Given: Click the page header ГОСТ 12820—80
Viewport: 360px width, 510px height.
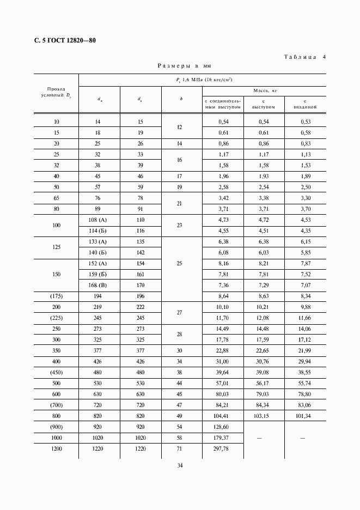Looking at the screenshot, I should point(61,40).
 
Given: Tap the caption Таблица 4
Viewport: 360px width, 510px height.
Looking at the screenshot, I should point(305,57).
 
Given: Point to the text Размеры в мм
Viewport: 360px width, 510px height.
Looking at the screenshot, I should point(184,65).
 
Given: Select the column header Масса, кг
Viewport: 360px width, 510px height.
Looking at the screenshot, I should point(264,90).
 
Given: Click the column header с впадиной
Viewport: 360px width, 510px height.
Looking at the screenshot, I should point(306,104).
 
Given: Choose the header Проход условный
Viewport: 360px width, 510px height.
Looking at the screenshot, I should point(56,92).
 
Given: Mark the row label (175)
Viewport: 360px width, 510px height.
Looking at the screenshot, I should point(56,295).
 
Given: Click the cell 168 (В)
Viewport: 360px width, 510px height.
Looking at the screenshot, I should point(99,284).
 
